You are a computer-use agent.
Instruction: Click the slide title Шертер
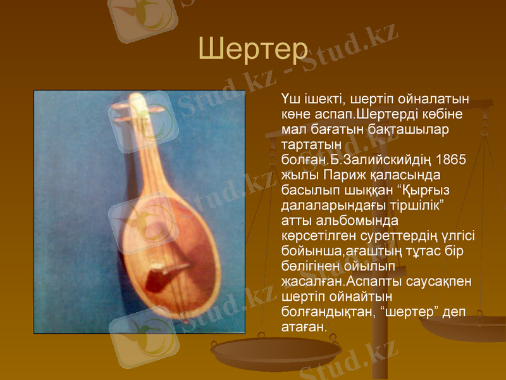(x=252, y=48)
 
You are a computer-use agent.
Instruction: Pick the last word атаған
(x=303, y=327)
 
